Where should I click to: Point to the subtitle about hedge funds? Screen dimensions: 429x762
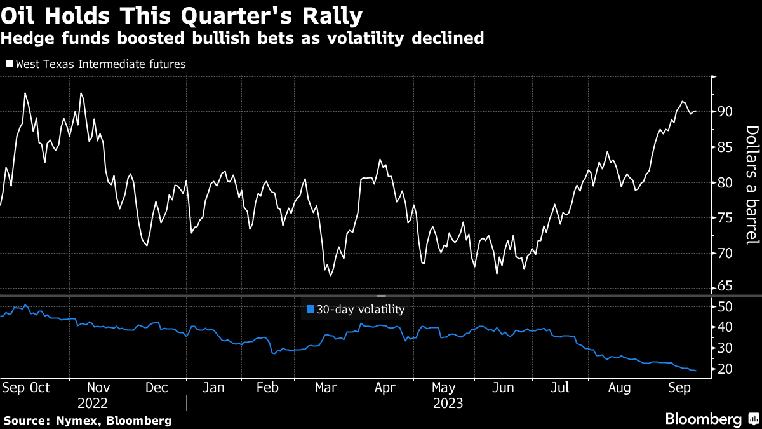pyautogui.click(x=243, y=39)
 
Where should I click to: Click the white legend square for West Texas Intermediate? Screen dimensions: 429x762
pyautogui.click(x=9, y=64)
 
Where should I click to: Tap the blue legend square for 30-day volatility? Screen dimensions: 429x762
pyautogui.click(x=310, y=310)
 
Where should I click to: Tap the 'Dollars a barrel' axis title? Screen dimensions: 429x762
pyautogui.click(x=752, y=184)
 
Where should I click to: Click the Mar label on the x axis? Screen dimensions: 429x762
pyautogui.click(x=326, y=388)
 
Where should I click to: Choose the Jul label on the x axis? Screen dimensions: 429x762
pyautogui.click(x=559, y=388)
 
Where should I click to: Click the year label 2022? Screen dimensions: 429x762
pyautogui.click(x=93, y=403)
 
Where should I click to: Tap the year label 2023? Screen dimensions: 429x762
pyautogui.click(x=448, y=403)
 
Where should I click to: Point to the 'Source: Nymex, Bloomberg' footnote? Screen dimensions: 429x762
pyautogui.click(x=88, y=421)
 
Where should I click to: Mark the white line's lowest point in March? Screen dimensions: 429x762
pyautogui.click(x=330, y=276)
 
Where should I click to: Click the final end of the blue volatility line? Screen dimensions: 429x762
pyautogui.click(x=696, y=370)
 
